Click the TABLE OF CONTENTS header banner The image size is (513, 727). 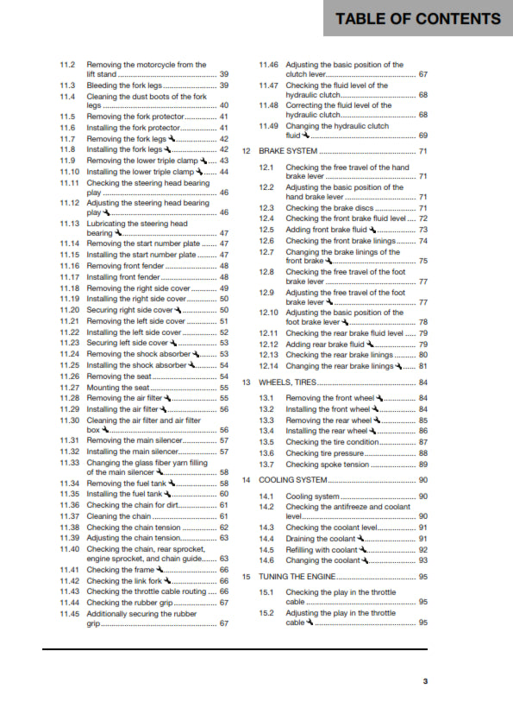pyautogui.click(x=418, y=18)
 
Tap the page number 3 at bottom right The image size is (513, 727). pyautogui.click(x=424, y=681)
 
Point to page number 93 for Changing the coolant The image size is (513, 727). pyautogui.click(x=422, y=560)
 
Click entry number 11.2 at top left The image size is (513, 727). pyautogui.click(x=67, y=65)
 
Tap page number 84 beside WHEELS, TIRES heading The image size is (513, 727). pyautogui.click(x=422, y=382)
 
